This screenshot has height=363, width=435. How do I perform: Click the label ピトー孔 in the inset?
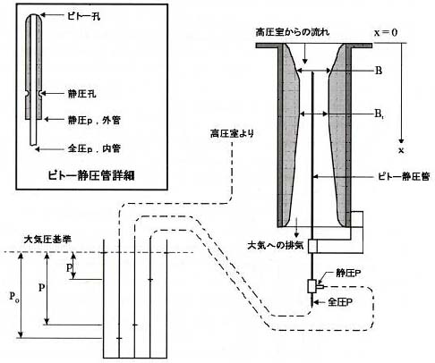pos(83,16)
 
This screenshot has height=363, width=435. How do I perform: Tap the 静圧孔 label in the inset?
pos(82,94)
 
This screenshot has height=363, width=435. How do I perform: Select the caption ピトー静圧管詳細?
pos(91,175)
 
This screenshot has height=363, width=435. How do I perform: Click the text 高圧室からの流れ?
pos(293,32)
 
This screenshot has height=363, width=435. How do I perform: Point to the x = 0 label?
pos(386,32)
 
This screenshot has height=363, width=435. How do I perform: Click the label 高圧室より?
pos(232,133)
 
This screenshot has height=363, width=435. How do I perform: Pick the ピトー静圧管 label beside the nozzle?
pos(405,176)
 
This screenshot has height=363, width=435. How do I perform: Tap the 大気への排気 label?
pos(276,245)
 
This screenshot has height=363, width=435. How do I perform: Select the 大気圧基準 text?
pos(47,239)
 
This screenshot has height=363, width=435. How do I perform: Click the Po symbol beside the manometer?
pos(14,296)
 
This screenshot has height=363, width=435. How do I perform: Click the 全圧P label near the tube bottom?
pos(340,302)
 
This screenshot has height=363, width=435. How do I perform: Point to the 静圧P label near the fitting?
pos(348,274)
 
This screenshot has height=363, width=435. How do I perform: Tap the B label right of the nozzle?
pos(379,71)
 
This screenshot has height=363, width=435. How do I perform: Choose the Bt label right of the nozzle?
pos(379,114)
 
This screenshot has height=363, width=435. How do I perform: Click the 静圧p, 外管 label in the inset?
pos(94,120)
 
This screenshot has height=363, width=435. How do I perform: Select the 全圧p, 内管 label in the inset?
pos(94,148)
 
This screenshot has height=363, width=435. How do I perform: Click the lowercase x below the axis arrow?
pos(401,150)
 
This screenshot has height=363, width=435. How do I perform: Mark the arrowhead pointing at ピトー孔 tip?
pos(42,14)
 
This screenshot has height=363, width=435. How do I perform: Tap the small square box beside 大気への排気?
pos(312,246)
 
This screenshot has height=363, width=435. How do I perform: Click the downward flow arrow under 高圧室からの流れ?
pos(304,54)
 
